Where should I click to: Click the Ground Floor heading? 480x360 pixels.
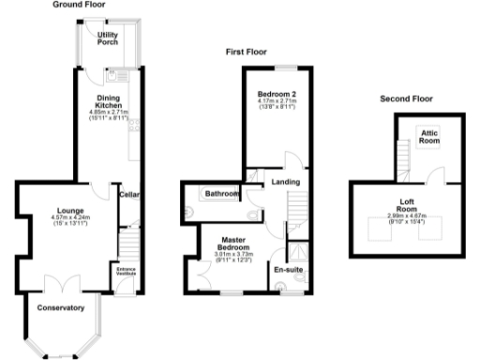click(x=78, y=5)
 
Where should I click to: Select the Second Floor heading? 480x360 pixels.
click(x=407, y=98)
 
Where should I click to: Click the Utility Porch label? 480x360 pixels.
click(x=108, y=38)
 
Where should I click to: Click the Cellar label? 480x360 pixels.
click(x=129, y=195)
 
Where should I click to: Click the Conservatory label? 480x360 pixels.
click(x=61, y=307)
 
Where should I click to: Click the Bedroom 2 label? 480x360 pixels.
click(x=277, y=94)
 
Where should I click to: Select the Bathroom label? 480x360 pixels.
click(x=221, y=194)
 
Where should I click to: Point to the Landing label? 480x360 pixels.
click(x=285, y=182)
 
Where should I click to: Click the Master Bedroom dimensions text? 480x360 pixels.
click(x=234, y=256)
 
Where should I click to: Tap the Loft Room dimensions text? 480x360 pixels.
click(x=407, y=219)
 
